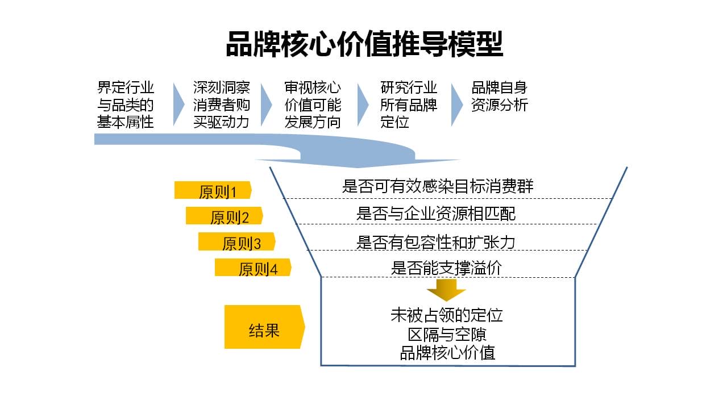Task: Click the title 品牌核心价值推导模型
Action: coord(364,44)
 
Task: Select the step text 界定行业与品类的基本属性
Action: coord(125,105)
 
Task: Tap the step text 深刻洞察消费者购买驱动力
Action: coord(221,105)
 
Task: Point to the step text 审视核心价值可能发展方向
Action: coord(313,105)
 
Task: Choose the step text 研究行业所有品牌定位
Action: coord(409,105)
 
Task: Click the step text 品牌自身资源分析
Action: coord(500,97)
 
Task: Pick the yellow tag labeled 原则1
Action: coord(213,190)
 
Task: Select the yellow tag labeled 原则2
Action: coord(225,216)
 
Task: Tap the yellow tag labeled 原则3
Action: coord(237,241)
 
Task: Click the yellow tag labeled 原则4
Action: coord(253,267)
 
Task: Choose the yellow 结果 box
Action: coord(264,327)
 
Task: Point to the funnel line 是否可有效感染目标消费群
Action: coord(438,186)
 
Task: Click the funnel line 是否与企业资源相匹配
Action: coord(435,214)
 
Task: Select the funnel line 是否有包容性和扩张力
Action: coord(435,243)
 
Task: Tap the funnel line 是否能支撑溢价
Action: coord(446,268)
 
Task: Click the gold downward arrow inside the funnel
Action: coord(446,290)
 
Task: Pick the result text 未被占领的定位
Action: coord(447,315)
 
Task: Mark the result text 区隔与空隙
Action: coord(447,335)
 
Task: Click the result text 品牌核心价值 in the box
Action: coord(447,353)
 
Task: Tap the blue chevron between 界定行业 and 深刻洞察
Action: coord(178,105)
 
